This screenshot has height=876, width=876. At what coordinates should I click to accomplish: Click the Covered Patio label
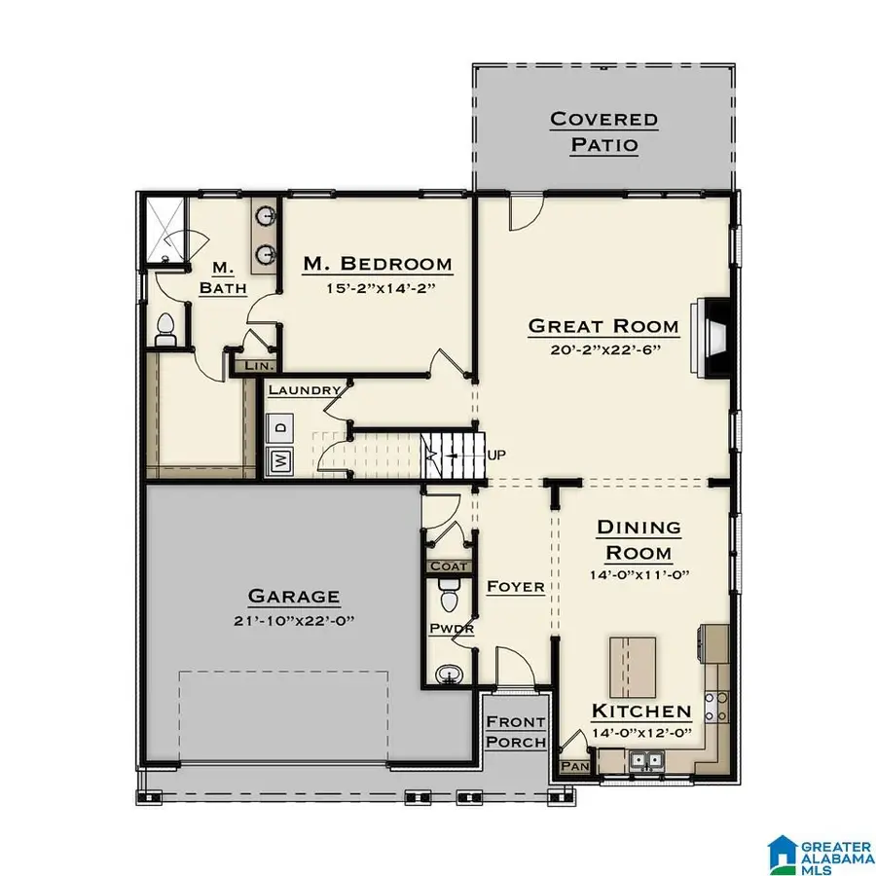click(x=602, y=132)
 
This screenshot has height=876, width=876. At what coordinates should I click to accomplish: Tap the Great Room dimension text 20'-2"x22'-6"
click(x=602, y=351)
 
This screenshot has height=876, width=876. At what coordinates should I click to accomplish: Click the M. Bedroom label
click(x=377, y=264)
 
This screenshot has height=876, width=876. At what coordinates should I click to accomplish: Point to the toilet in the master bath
click(x=166, y=329)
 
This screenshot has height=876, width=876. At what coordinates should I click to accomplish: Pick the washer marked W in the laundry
click(x=280, y=460)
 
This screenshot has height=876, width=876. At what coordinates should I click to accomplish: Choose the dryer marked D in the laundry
click(x=280, y=427)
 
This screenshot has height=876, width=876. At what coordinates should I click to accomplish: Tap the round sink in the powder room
click(x=448, y=673)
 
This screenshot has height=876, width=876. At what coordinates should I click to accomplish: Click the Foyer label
click(x=515, y=586)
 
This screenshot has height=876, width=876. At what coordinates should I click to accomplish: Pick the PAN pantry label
click(x=572, y=766)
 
